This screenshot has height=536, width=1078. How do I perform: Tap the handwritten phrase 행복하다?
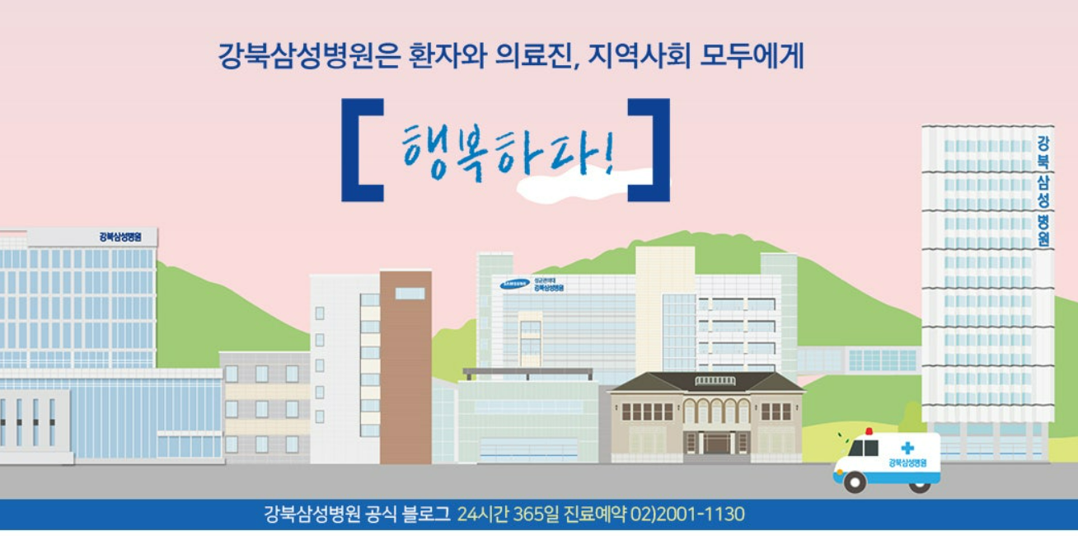tap(508, 150)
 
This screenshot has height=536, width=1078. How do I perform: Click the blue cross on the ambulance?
tap(907, 448)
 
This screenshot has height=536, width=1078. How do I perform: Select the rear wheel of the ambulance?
tap(919, 484)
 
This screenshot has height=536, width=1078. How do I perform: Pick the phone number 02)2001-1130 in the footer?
tap(687, 515)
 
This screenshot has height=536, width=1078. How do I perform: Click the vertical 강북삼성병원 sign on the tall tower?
tap(1043, 192)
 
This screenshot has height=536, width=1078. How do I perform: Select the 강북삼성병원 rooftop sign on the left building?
tap(120, 237)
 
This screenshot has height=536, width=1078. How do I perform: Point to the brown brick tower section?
tap(405, 367)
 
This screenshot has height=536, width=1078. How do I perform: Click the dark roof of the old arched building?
tap(705, 383)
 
